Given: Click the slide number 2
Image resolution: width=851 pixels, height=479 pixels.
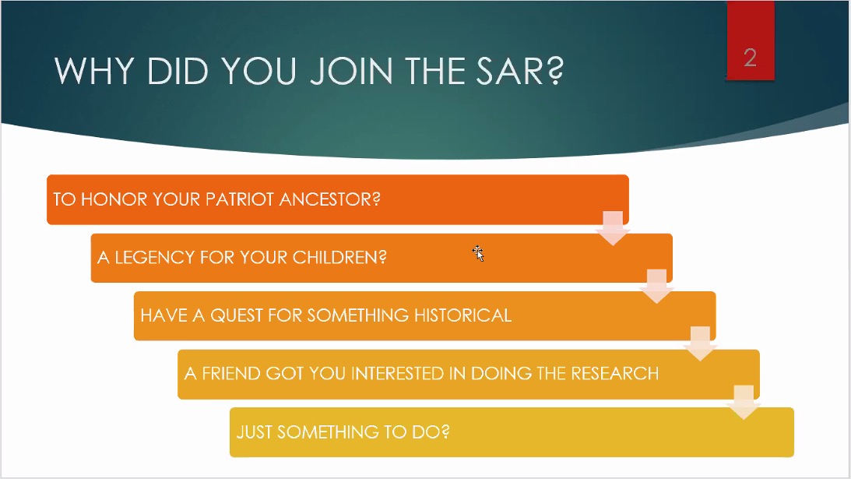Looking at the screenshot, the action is (750, 58).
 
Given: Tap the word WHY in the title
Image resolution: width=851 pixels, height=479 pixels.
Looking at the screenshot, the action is (94, 71).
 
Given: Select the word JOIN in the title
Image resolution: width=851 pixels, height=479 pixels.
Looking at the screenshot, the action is (351, 71).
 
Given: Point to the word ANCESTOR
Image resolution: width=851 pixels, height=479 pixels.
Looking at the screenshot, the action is (329, 199).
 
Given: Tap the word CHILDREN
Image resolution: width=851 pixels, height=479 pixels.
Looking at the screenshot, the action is (339, 257).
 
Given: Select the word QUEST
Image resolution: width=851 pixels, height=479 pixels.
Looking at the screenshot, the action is (236, 315).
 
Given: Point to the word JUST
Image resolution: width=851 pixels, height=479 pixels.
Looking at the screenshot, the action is (254, 431).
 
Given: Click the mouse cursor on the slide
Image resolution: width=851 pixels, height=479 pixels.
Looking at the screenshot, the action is (478, 253).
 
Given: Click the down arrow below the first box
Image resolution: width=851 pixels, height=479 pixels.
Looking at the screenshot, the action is (613, 228).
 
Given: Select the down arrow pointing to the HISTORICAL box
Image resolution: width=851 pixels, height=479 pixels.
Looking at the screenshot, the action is (656, 286).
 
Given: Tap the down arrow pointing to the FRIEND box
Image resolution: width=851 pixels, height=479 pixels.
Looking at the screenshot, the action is (700, 343).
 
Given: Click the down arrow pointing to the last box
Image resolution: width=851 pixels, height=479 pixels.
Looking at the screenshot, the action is (744, 403).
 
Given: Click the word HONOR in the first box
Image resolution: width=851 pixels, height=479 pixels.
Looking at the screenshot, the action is (114, 199).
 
